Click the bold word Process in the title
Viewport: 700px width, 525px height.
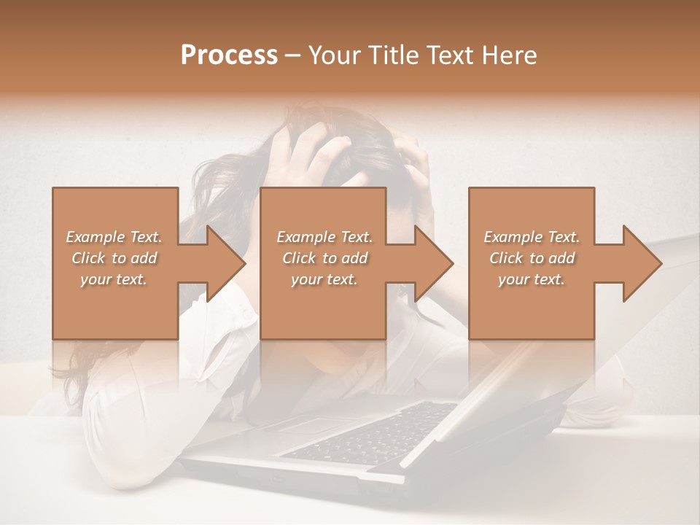[x=229, y=55]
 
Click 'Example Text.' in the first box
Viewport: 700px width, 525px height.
[x=114, y=237]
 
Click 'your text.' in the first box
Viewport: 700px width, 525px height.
[x=114, y=279]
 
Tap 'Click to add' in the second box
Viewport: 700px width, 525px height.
[x=324, y=258]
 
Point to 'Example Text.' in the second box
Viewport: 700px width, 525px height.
[x=324, y=237]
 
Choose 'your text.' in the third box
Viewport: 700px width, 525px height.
[x=532, y=279]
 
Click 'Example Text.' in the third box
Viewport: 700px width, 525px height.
[x=532, y=237]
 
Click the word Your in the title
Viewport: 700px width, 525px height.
[x=335, y=55]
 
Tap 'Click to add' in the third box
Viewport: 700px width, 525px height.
[x=532, y=258]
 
